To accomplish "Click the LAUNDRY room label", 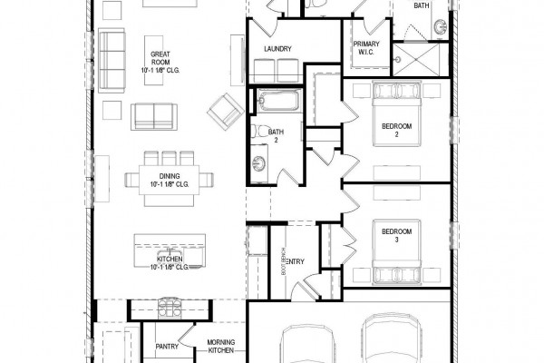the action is pos(277,49).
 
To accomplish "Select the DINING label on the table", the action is pos(170,176).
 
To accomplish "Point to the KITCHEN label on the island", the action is pos(170,260).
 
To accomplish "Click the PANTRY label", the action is pos(167,347).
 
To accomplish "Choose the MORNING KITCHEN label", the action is pos(221,347).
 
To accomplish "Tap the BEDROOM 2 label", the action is pos(396,131).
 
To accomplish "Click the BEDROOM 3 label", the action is pos(396,236).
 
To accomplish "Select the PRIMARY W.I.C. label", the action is pos(366,48).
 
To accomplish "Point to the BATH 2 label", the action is pos(276,136).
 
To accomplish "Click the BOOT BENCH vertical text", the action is pos(283,261).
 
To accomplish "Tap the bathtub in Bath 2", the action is pos(278,100).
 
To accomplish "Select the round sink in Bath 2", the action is pos(258,162).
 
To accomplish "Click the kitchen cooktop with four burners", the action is pos(170,308).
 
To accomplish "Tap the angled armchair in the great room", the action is pos(226,111).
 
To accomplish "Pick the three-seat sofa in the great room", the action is pos(112,61).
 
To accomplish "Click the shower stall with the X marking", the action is pos(416,59).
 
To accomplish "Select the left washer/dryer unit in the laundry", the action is pos(265,71).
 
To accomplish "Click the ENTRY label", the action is pos(296,261).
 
